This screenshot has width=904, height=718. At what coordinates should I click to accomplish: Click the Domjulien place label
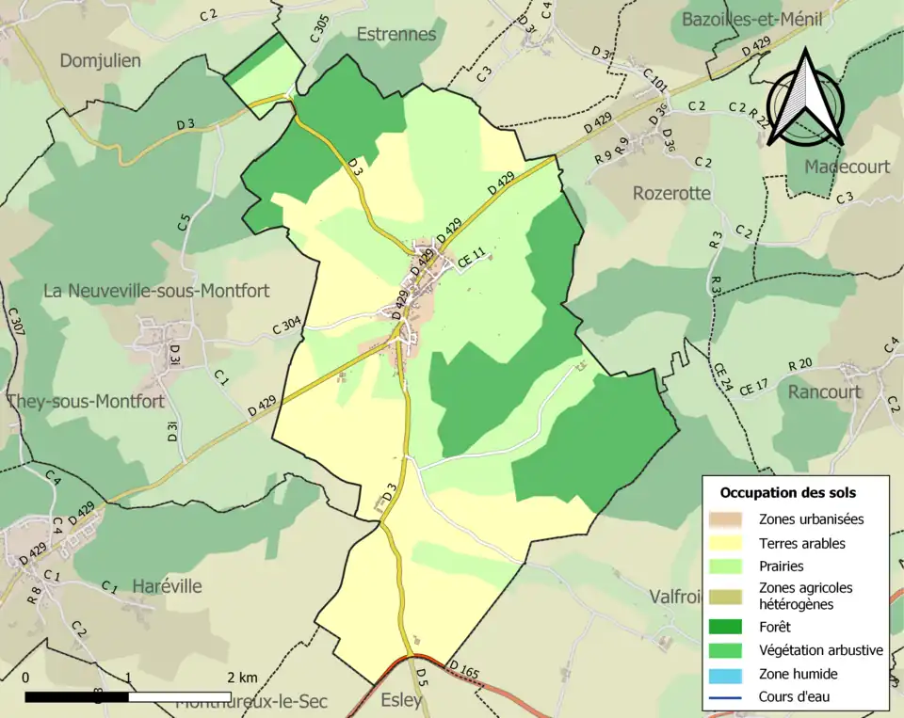click(100, 61)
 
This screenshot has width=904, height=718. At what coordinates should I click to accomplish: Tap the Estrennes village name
click(395, 34)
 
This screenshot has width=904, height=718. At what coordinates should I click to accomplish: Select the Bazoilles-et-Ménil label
click(765, 19)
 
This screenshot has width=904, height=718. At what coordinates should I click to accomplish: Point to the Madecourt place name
click(847, 167)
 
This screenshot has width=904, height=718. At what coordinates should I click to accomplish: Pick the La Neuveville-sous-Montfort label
click(156, 291)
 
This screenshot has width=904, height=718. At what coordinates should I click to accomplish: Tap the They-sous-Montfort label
click(85, 401)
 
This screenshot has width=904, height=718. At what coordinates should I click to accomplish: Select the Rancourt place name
click(824, 391)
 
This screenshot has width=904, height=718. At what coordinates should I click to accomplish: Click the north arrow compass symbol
click(804, 100)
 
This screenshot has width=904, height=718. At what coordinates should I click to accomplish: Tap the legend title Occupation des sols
click(787, 492)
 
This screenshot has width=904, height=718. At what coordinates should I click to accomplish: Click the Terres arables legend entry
click(802, 543)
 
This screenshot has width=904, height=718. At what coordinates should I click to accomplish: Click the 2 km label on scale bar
click(242, 677)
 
